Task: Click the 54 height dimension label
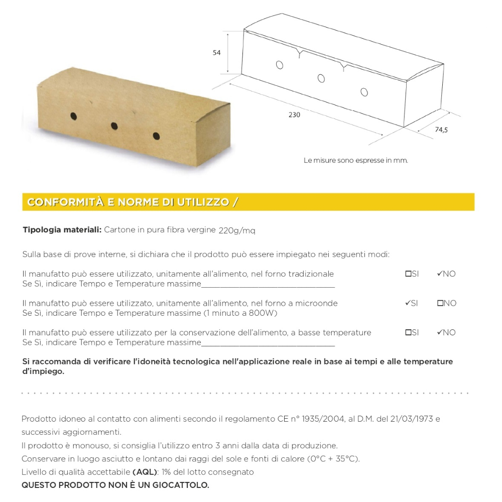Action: tap(217, 53)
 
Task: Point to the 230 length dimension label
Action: tap(294, 115)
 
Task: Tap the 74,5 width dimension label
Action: tap(441, 130)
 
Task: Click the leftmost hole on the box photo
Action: tap(73, 116)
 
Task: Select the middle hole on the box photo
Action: tap(114, 125)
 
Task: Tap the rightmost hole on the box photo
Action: tap(156, 136)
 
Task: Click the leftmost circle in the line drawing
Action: tap(280, 65)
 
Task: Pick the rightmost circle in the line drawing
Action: tap(364, 92)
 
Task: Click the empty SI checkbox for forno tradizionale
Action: tap(408, 274)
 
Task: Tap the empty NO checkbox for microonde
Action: tap(440, 303)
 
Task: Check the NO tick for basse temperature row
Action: tap(439, 332)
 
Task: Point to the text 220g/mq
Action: tap(237, 230)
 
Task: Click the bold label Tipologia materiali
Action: tap(62, 230)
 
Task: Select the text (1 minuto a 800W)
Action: tap(240, 313)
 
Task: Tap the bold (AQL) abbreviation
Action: tap(145, 472)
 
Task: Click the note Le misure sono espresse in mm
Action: tap(355, 161)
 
